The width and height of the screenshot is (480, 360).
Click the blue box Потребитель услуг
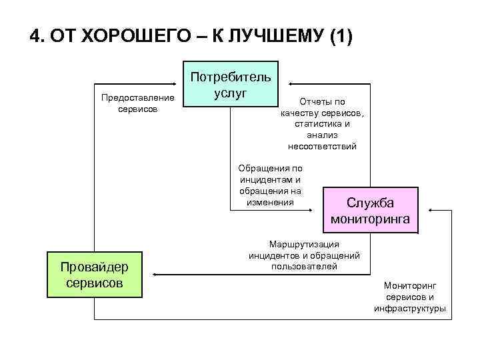231,85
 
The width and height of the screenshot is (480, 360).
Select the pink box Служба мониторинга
370,211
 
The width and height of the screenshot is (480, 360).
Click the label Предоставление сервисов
138,103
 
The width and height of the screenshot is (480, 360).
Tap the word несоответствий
322,146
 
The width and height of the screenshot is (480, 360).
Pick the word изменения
269,202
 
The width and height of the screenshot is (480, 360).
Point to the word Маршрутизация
304,244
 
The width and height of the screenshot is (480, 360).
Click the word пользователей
304,266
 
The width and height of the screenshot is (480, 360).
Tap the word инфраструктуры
409,308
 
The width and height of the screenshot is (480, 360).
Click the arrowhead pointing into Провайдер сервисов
152,273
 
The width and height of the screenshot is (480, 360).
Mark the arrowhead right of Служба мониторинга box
431,211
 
